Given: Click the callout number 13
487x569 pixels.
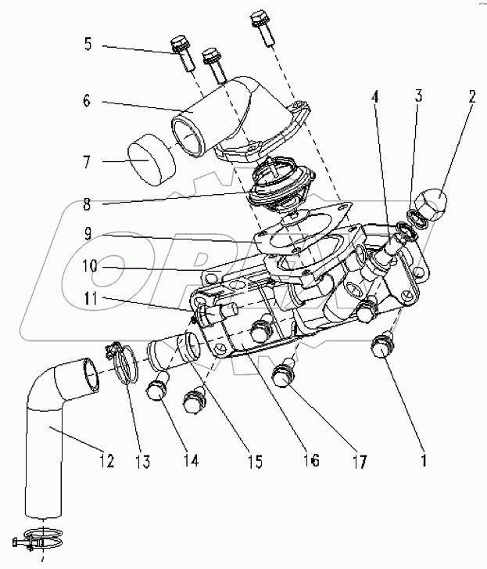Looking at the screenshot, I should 144,461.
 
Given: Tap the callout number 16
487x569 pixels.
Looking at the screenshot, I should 311,461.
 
